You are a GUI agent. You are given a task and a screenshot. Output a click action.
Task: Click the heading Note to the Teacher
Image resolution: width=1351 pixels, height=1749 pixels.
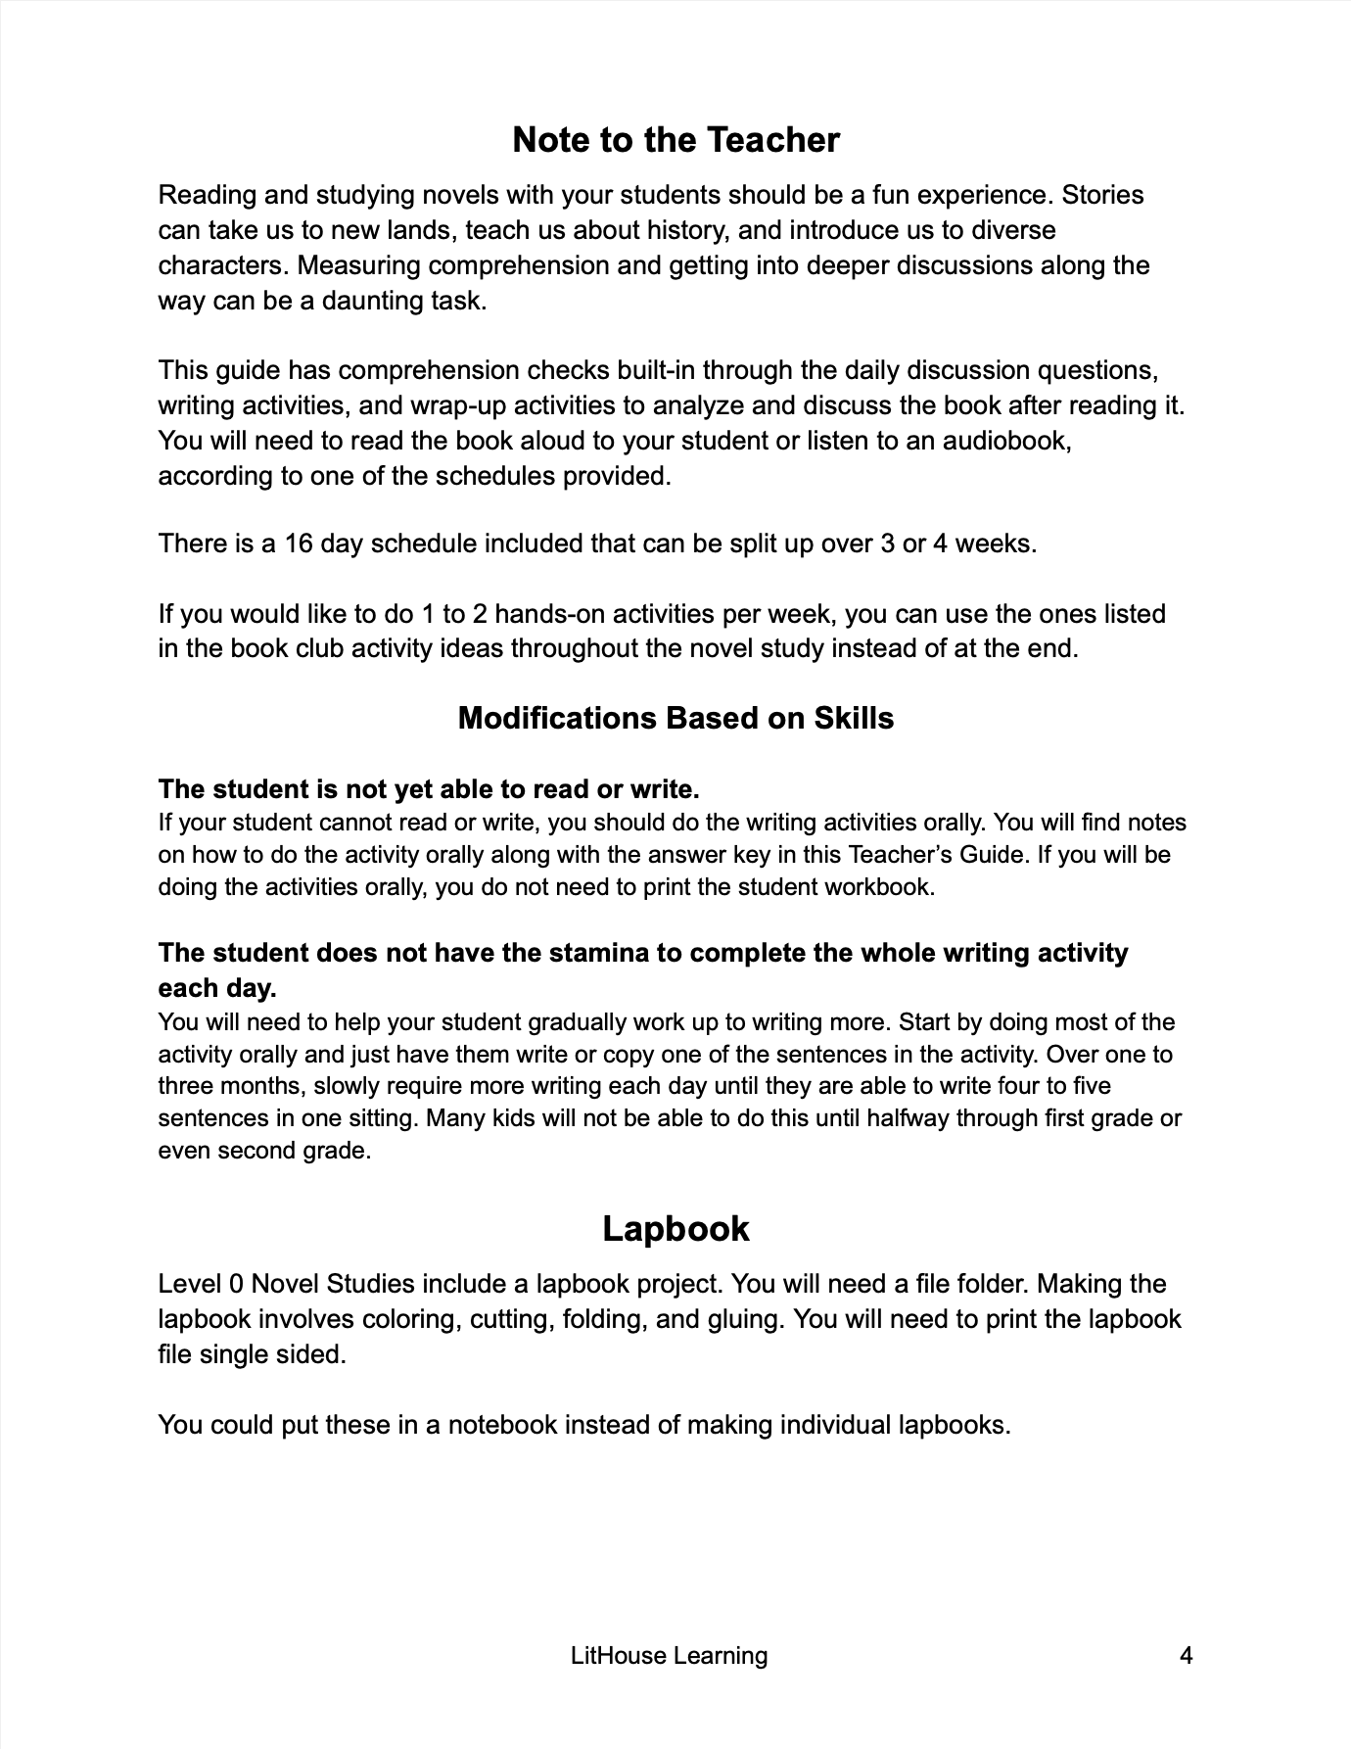tap(675, 140)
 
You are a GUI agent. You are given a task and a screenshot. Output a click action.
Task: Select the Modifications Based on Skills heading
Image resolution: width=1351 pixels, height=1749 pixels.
tap(675, 718)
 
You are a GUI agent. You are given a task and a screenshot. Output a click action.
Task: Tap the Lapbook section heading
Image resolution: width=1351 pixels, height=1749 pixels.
tap(675, 1228)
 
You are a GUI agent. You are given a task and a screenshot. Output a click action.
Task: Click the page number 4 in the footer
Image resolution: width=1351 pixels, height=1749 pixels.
tap(1187, 1655)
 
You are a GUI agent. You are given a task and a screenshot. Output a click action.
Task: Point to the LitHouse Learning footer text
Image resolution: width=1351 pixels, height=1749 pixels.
tap(669, 1655)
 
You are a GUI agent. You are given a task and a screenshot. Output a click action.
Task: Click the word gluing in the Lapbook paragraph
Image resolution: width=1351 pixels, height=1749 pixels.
tap(748, 1319)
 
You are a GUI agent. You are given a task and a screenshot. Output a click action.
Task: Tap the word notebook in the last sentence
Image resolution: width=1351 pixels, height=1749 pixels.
tap(505, 1424)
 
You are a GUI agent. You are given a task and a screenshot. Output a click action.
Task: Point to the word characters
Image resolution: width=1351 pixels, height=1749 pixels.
tap(221, 265)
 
